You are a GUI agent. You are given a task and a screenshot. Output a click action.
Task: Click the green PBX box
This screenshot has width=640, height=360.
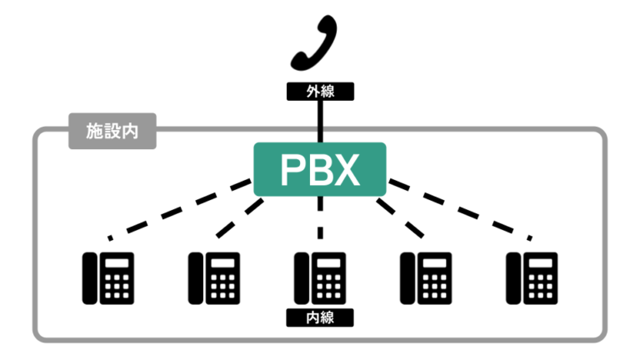click(320, 169)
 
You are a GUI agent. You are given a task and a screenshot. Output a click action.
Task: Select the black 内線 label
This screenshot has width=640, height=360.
click(320, 317)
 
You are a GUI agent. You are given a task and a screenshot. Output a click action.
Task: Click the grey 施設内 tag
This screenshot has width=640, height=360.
click(112, 132)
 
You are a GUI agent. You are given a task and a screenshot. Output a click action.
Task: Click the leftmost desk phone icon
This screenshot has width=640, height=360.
click(107, 277)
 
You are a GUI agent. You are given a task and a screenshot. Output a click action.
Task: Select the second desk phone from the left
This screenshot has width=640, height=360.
click(214, 277)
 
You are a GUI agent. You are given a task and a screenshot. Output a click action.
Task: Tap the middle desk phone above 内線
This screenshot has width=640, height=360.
click(320, 277)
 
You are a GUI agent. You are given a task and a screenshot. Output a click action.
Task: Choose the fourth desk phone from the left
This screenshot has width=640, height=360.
click(426, 277)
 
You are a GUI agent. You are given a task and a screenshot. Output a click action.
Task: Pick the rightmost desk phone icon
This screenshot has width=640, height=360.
click(532, 277)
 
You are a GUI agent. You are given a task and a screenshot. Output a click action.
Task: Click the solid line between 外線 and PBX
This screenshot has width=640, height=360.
click(320, 121)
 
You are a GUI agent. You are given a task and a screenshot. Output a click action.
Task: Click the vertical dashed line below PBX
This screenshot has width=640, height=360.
click(320, 218)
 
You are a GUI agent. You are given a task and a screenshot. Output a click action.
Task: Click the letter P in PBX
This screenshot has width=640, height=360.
click(292, 169)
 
